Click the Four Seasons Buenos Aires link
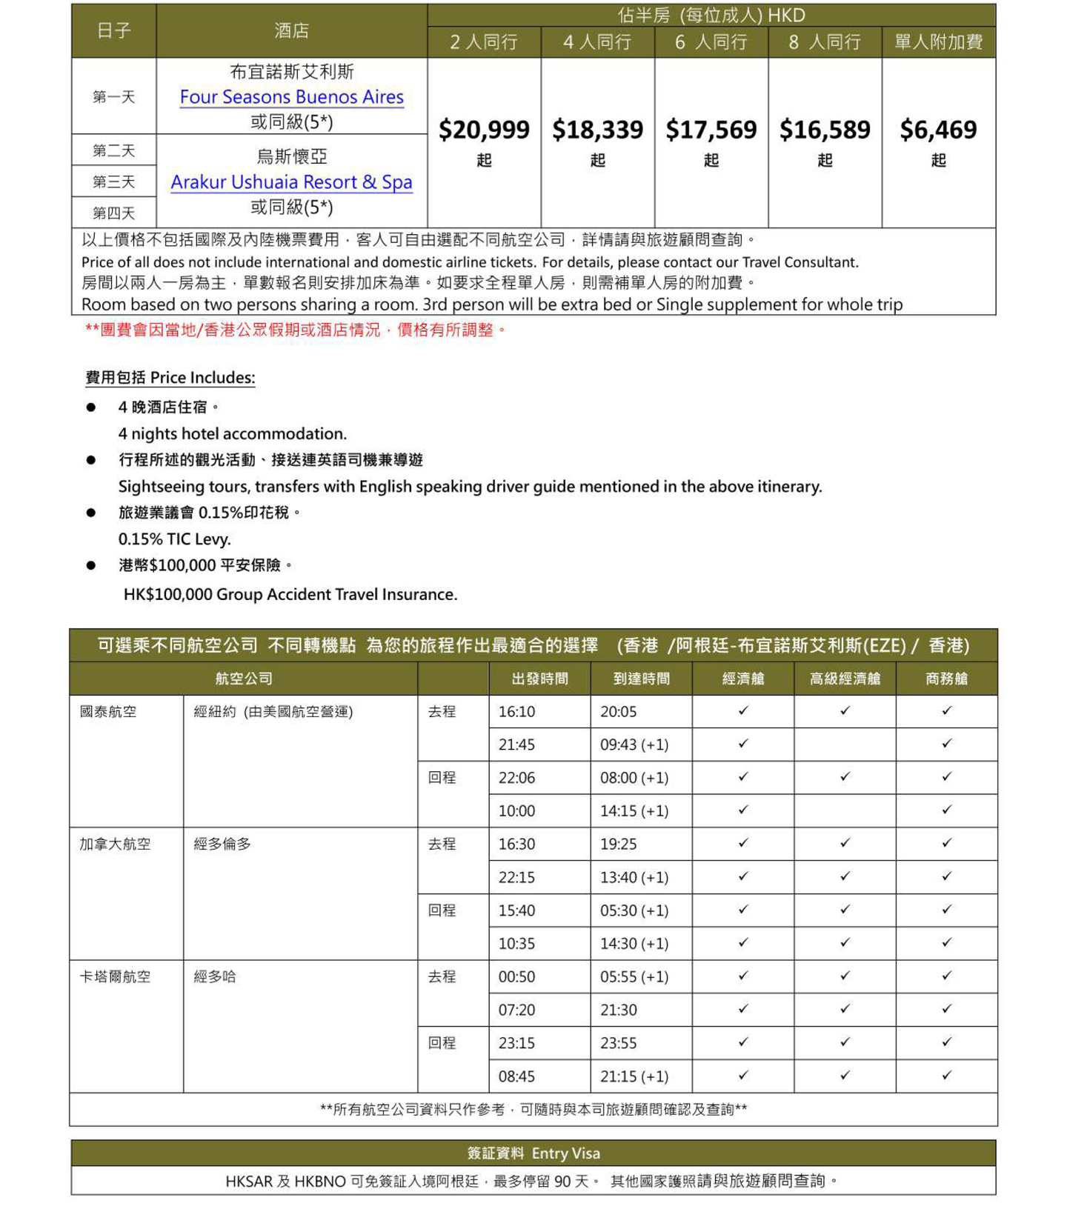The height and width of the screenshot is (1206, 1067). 291,97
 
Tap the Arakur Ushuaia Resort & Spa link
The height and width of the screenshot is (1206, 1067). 291,182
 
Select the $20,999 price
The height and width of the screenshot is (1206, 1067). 484,130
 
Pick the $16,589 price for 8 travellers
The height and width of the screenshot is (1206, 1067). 825,130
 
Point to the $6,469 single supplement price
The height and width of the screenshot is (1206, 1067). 938,130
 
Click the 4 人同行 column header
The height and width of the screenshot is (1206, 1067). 597,42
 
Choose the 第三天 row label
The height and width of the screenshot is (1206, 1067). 113,182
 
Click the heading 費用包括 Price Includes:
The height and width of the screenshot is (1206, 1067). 170,378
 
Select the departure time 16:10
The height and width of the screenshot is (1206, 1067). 516,712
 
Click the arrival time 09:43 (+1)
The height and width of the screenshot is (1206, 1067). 634,744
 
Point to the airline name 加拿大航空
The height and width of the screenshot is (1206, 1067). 115,844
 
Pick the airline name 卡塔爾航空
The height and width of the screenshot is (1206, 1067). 115,977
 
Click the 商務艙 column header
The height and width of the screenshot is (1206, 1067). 946,679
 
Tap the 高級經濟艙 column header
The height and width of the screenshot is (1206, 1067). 845,679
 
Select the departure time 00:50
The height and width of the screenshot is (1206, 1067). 516,977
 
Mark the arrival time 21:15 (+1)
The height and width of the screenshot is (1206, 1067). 634,1076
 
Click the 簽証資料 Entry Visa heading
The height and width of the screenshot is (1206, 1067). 533,1153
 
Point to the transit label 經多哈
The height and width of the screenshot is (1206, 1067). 215,977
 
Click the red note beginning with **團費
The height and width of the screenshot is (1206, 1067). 295,330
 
